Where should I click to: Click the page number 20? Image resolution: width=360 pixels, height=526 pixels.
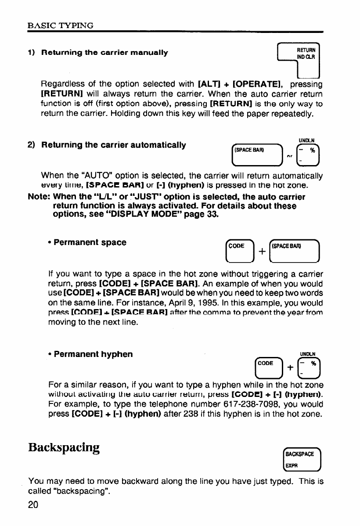33,504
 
